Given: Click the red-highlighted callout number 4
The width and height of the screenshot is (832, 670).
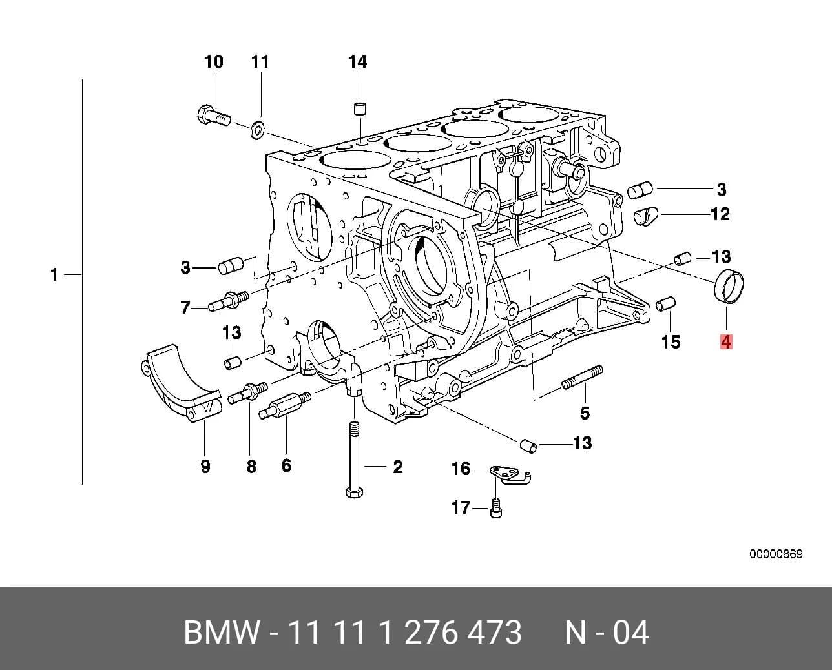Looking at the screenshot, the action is [x=726, y=342].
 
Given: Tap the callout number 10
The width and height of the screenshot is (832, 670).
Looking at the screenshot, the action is [x=214, y=62].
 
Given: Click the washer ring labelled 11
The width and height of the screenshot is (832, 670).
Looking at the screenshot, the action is [x=257, y=130].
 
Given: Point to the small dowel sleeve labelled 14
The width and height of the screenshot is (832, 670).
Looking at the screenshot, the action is [x=360, y=108].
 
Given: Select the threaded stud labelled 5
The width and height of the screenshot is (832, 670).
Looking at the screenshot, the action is [x=582, y=379].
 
